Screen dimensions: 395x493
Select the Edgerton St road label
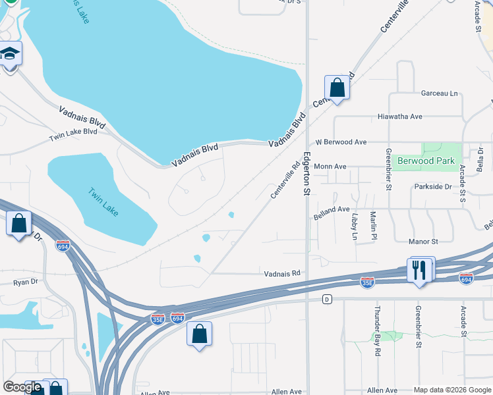point(306,174)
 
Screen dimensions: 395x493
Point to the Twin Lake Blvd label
point(72,136)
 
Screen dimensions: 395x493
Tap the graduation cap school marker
point(10,53)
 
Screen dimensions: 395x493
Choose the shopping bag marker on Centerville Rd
point(337,88)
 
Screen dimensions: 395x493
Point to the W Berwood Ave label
point(341,142)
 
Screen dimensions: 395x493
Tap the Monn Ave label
point(330,167)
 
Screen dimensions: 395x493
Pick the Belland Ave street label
point(332,209)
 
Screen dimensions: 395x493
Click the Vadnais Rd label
point(282,273)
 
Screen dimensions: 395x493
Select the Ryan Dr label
point(26,282)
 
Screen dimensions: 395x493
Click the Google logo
point(22,387)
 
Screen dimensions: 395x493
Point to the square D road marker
point(326,300)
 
